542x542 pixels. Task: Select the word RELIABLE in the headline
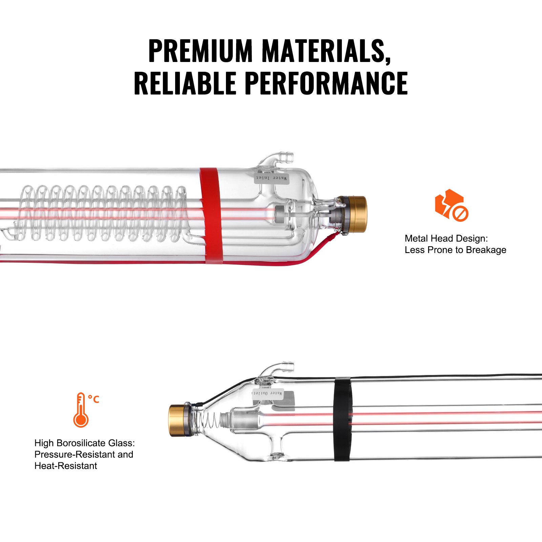(185, 83)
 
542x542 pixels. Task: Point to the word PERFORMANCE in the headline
(326, 83)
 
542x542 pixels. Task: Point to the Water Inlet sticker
(272, 178)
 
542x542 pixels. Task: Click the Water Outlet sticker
(268, 393)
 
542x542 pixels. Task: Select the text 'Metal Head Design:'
(446, 238)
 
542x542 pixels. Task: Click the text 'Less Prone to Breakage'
(455, 250)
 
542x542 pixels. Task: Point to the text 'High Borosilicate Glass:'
(85, 443)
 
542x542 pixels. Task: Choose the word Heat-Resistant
(66, 466)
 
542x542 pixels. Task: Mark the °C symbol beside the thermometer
(93, 399)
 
